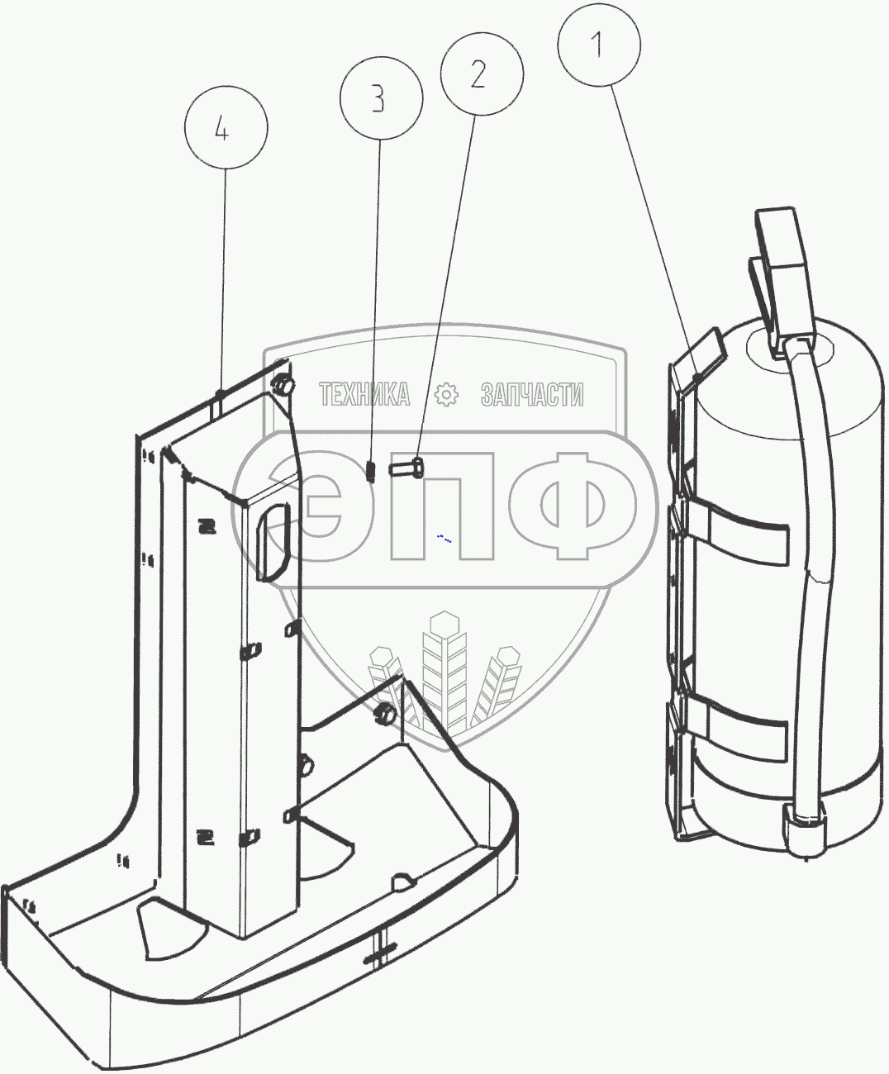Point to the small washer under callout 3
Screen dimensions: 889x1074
coord(370,471)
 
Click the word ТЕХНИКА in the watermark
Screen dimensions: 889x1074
coord(364,395)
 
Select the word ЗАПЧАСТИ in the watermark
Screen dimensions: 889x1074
coord(532,395)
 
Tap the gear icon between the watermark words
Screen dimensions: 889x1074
coord(446,395)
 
